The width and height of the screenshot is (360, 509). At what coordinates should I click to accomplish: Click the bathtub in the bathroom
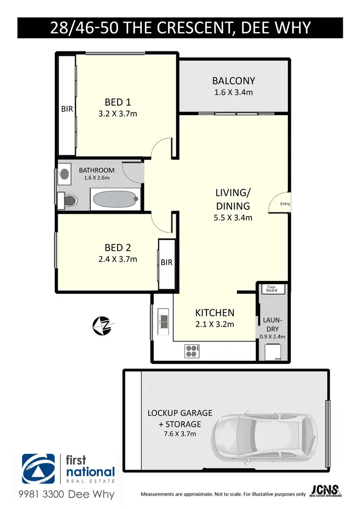[115, 199]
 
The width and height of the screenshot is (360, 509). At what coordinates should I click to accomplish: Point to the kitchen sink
[162, 321]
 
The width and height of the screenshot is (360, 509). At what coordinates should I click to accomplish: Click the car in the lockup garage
[263, 436]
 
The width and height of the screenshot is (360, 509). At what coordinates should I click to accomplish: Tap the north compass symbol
[102, 326]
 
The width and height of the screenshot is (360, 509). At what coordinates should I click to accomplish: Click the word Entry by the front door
[285, 204]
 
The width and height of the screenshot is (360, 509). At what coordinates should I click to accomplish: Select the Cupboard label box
[272, 289]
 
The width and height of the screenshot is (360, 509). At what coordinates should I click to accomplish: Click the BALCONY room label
[234, 81]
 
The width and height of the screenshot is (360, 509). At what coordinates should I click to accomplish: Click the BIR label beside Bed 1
[67, 109]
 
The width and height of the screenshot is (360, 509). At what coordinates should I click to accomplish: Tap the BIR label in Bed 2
[167, 263]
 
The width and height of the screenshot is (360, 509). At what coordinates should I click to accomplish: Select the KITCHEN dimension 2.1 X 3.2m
[215, 324]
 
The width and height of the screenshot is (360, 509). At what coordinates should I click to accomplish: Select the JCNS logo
[325, 490]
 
